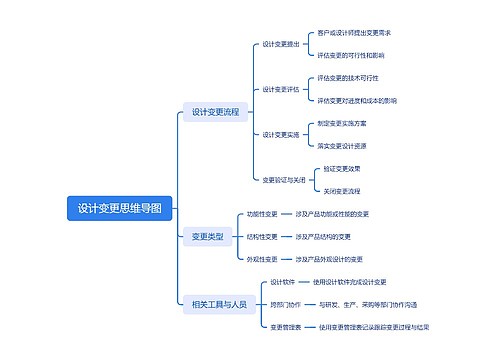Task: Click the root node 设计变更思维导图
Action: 119,208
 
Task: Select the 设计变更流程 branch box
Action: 215,112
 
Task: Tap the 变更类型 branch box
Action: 207,236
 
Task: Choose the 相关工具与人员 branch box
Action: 218,304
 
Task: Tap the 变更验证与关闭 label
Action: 284,180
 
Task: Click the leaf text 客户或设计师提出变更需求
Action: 354,33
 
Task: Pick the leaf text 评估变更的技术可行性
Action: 348,77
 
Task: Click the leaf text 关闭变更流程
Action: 341,190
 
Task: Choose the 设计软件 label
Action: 283,281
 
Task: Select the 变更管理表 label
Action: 286,326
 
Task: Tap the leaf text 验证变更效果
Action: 341,168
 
